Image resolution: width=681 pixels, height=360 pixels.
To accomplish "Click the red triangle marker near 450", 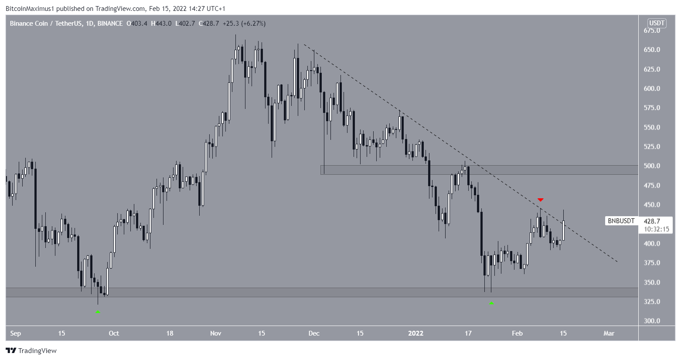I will tap(541, 200).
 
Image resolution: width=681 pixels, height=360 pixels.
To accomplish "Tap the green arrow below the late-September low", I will tap(98, 312).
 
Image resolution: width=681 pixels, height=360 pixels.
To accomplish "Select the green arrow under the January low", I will tap(491, 302).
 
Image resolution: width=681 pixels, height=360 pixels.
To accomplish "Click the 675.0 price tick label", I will tap(652, 31).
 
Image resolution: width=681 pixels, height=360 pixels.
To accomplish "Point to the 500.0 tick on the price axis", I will tap(652, 166).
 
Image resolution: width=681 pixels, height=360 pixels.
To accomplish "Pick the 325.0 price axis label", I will tap(652, 302).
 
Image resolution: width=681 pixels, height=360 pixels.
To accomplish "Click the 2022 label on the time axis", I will tap(415, 333).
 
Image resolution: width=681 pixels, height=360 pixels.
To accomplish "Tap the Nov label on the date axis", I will tap(215, 333).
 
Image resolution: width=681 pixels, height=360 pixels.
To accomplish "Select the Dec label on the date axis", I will tap(314, 333).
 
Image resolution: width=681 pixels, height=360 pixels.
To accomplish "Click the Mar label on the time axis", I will tap(609, 333).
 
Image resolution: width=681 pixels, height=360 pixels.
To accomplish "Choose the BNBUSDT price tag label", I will tap(621, 221).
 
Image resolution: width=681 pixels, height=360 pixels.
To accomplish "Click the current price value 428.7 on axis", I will tap(652, 221).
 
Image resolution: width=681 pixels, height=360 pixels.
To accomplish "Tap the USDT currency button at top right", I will tap(657, 23).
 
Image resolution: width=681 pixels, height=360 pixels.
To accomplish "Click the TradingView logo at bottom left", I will tap(31, 351).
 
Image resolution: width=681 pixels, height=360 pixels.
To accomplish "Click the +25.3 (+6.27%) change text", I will tap(244, 24).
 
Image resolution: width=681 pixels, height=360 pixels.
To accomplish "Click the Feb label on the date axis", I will tap(517, 333).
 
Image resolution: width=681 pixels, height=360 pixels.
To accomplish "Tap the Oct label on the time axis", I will tap(114, 333).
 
